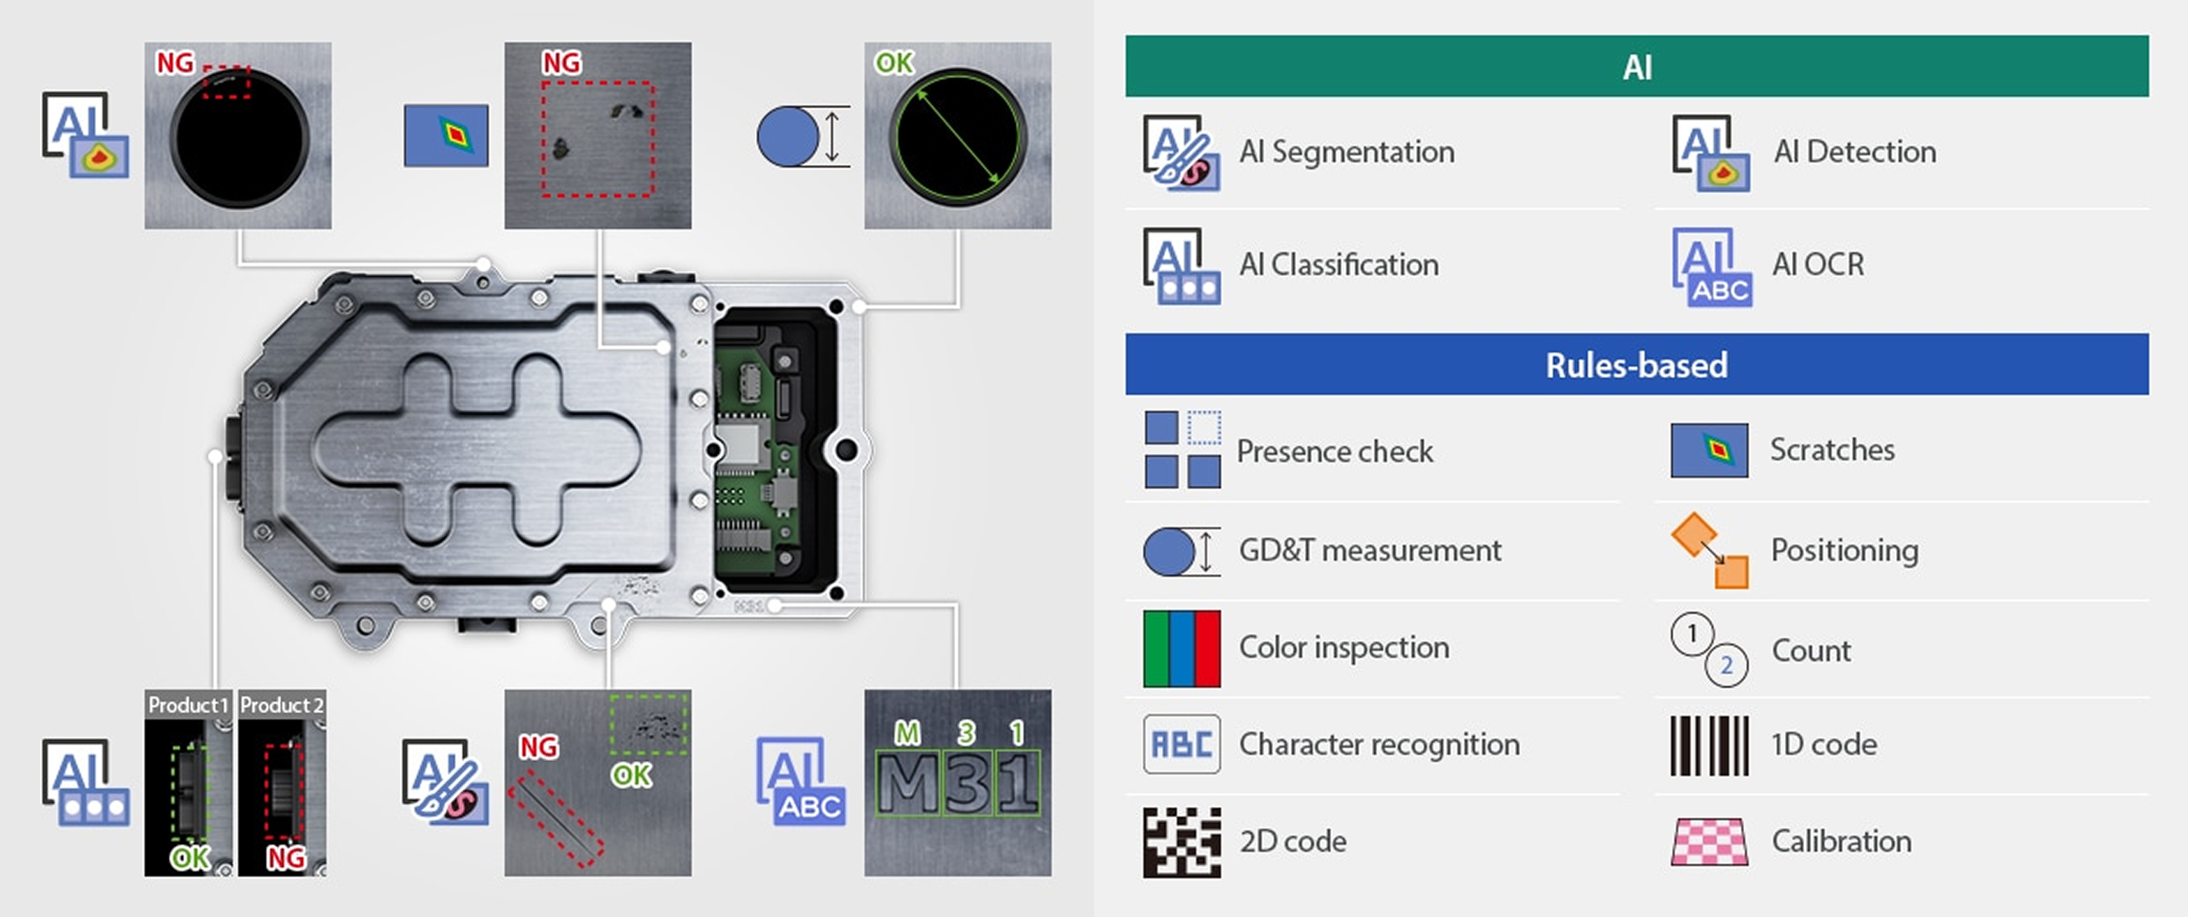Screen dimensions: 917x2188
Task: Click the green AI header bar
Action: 1636,66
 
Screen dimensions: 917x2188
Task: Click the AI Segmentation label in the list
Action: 1346,152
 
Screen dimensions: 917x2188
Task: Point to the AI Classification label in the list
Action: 1338,265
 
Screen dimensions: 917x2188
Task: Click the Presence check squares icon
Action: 1182,449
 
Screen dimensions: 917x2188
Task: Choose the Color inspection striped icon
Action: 1182,648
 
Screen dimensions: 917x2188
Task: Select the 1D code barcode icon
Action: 1709,745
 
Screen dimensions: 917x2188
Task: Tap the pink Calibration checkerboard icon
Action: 1709,841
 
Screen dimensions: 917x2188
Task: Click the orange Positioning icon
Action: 1709,550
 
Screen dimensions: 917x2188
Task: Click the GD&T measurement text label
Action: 1369,550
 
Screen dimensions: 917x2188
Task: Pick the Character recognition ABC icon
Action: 1182,745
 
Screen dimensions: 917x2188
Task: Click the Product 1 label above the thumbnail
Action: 188,705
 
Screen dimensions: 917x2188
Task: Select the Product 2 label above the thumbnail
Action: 281,705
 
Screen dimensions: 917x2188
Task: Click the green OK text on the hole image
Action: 894,63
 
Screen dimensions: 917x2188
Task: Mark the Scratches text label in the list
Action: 1832,449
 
